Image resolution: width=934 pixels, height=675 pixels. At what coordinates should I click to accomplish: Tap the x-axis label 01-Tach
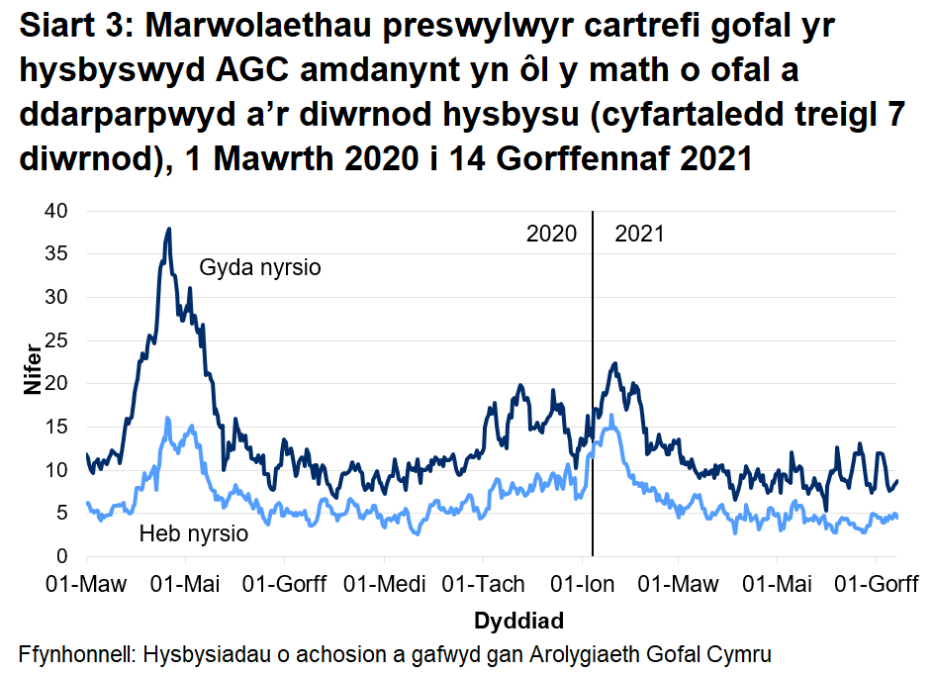pyautogui.click(x=481, y=583)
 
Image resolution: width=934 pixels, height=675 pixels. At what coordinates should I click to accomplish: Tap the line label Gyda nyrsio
pyautogui.click(x=260, y=267)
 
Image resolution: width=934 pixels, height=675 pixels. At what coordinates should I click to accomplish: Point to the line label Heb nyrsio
pyautogui.click(x=193, y=534)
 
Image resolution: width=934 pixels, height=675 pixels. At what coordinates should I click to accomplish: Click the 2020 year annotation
pyautogui.click(x=551, y=235)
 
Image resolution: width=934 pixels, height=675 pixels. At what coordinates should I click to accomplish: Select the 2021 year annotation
pyautogui.click(x=639, y=235)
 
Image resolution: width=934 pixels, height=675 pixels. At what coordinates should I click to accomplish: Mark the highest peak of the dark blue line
pyautogui.click(x=169, y=229)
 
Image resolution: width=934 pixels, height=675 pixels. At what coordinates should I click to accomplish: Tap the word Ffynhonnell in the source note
pyautogui.click(x=77, y=654)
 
